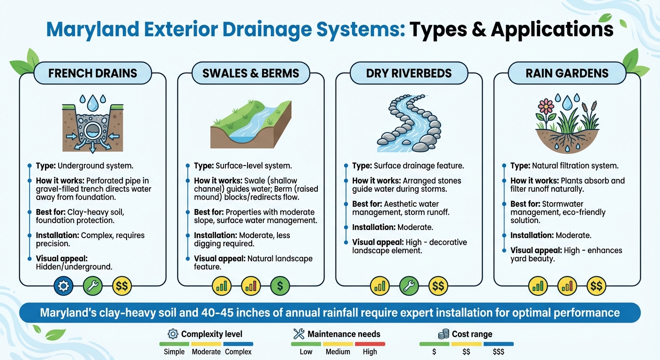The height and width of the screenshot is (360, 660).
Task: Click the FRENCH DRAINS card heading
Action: click(x=93, y=74)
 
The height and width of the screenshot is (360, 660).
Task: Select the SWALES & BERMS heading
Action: click(x=251, y=74)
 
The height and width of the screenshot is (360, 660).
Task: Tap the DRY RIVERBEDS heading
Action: click(x=409, y=74)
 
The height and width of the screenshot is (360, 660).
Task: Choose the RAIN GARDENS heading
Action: click(x=567, y=74)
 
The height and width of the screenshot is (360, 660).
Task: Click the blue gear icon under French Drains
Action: click(x=63, y=285)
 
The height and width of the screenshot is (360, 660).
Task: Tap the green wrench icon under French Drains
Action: click(x=93, y=285)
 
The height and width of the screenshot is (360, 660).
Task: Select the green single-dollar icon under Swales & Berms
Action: click(x=280, y=285)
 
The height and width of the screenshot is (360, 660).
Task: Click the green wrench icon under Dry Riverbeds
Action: click(x=409, y=285)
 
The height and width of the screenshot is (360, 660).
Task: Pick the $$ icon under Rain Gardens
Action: click(x=597, y=285)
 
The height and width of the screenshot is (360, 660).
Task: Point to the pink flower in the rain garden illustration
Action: click(x=545, y=106)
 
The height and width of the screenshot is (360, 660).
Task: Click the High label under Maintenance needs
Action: click(x=369, y=352)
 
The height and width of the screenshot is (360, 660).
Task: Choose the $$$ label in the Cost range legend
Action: click(x=498, y=352)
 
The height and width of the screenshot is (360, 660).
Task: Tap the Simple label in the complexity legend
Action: click(x=174, y=352)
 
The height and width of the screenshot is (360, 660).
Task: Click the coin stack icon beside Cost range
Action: click(x=443, y=334)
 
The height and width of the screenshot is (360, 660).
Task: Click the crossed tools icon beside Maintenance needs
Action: click(x=299, y=334)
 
